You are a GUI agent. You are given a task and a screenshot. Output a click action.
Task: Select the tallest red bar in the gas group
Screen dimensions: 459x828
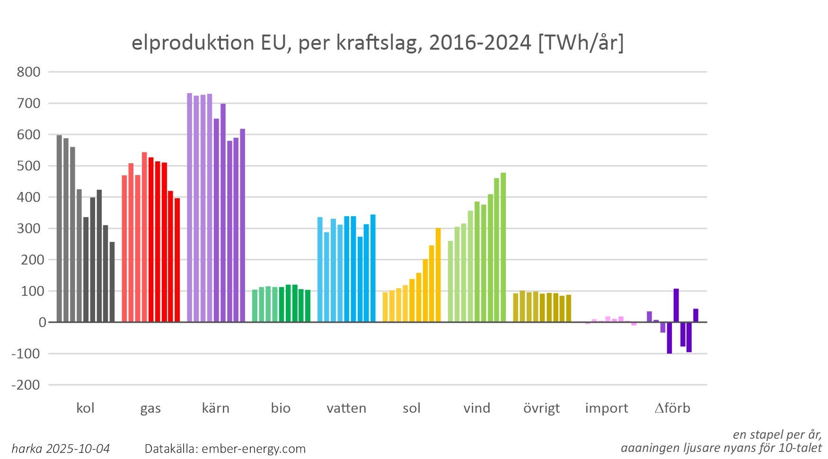[144, 237]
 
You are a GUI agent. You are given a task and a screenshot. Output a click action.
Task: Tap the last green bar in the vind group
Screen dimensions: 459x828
[503, 247]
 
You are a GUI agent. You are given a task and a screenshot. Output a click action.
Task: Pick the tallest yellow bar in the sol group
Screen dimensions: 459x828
[438, 275]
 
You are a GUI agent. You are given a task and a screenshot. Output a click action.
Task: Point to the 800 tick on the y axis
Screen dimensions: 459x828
[29, 72]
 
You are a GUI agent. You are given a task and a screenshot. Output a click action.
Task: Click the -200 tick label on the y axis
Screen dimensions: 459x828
[26, 385]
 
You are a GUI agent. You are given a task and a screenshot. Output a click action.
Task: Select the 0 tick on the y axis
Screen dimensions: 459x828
[43, 322]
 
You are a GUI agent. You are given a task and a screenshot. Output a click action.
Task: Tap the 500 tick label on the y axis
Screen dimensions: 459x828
[29, 166]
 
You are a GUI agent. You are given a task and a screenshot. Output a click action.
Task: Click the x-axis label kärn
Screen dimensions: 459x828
[216, 408]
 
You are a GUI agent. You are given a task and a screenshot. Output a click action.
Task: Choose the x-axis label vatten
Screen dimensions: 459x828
[346, 408]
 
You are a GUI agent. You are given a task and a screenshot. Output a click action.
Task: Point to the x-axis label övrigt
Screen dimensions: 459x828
[541, 408]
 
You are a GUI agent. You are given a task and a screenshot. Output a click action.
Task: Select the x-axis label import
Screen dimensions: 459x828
[607, 408]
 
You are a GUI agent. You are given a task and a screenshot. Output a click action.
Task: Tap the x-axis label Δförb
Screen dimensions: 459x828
[672, 408]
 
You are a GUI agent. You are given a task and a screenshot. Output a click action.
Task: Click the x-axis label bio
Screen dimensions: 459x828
[281, 408]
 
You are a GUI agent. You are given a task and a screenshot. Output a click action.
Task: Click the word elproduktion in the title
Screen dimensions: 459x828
[193, 43]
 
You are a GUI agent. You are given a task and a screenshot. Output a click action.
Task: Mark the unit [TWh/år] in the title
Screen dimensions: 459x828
[581, 43]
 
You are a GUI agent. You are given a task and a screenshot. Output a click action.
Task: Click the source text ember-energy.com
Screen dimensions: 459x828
[254, 449]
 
